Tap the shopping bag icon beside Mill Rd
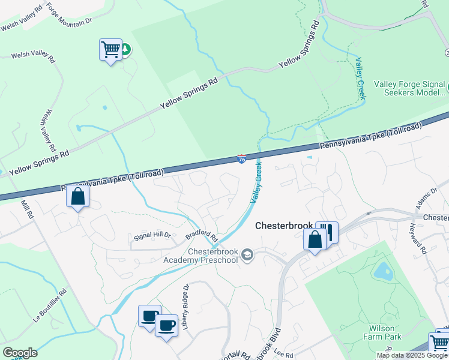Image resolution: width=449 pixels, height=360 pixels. (78, 196)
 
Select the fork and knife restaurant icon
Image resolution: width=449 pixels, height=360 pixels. (328, 232)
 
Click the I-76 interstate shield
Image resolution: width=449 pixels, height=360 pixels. (241, 159)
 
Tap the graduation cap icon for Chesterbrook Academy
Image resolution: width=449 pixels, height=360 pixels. (247, 256)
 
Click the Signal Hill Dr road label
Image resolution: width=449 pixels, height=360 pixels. (151, 237)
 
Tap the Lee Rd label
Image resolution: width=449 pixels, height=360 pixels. (286, 355)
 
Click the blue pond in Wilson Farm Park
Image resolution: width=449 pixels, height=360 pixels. (382, 272)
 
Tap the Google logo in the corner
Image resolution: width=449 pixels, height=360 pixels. (20, 353)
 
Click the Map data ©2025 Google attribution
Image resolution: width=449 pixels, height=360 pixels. (412, 355)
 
